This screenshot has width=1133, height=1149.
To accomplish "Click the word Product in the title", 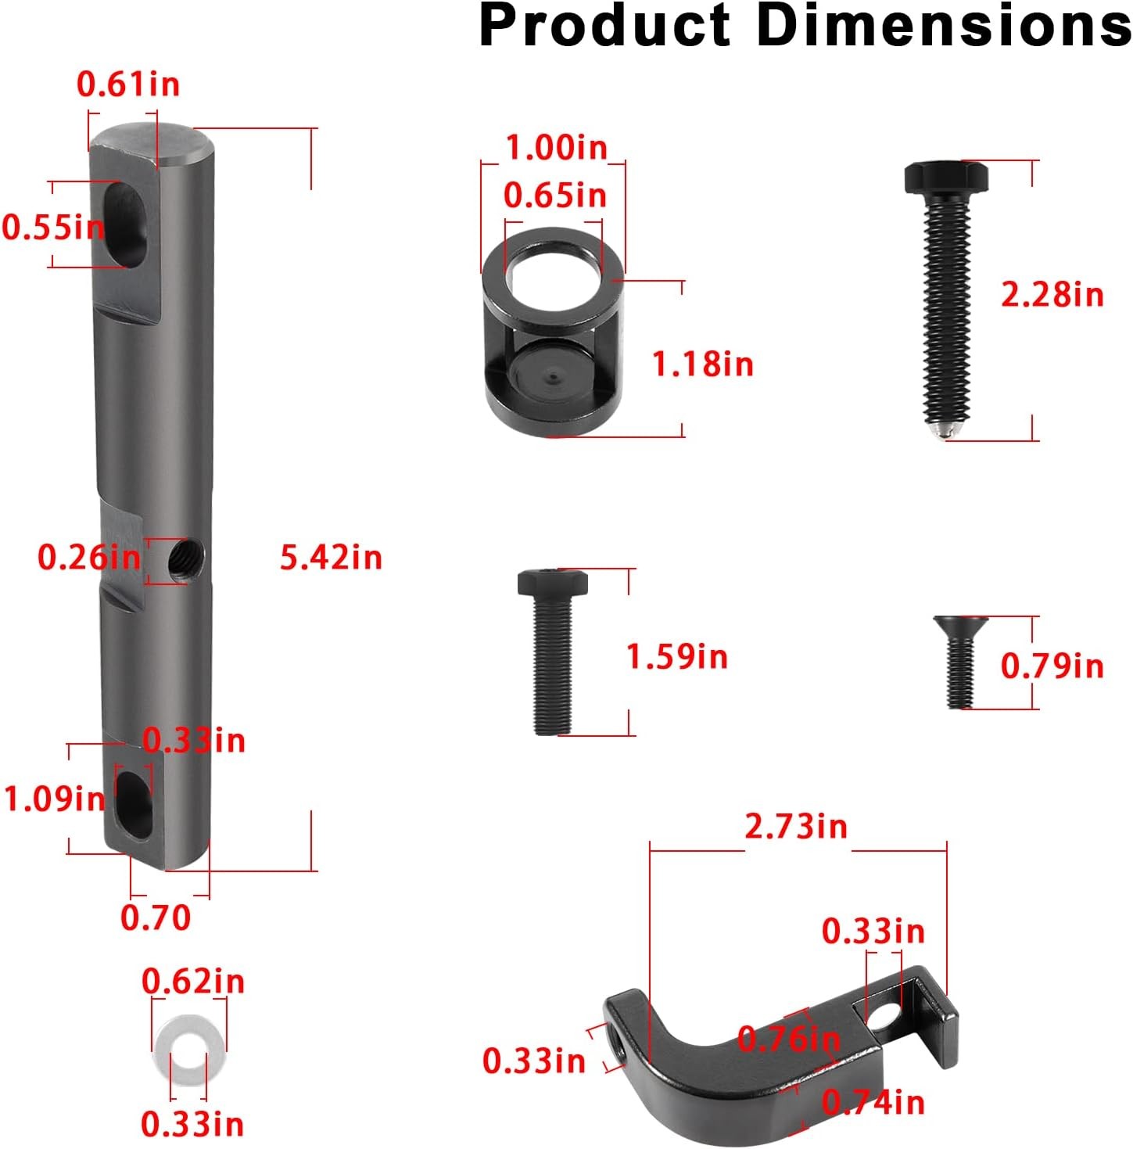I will point(604,27).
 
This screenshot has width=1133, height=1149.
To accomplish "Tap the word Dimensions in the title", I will point(944,27).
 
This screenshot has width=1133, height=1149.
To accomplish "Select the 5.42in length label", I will point(331,558).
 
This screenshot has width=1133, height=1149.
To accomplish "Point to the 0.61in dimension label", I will point(128,84).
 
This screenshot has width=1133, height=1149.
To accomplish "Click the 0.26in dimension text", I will point(88,558).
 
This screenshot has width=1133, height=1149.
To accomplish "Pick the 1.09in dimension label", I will point(54,799).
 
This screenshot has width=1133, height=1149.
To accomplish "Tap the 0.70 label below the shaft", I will point(156,917).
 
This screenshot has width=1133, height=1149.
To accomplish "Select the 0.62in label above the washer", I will point(193,982).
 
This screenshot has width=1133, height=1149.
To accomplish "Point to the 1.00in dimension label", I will point(556,147).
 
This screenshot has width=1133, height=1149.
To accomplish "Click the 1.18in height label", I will point(703,364).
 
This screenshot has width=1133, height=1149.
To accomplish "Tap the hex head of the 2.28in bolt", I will point(946,178).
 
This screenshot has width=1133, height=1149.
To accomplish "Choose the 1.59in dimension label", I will point(677,656).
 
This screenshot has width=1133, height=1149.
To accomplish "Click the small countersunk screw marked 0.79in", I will point(960,661).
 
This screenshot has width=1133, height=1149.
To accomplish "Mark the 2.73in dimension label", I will point(796,827).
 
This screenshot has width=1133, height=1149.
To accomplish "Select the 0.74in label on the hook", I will point(873,1102).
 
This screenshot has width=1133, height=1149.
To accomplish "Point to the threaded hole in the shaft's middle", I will point(186,558).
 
